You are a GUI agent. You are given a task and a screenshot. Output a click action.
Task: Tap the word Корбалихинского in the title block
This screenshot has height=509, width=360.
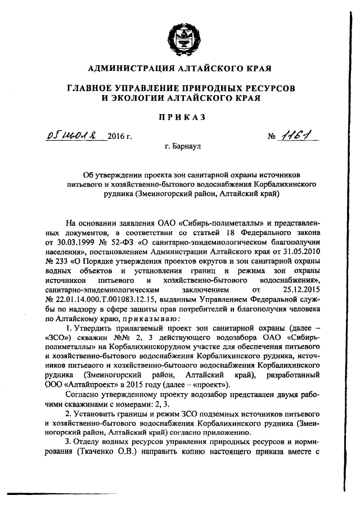click(x=280, y=184)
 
